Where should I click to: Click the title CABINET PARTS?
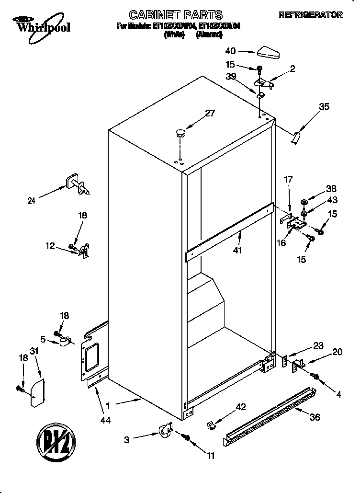tap(176, 15)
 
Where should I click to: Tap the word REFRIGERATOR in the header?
tap(311, 15)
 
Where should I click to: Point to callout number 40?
tap(230, 51)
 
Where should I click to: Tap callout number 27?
tap(210, 114)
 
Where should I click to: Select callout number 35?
tap(324, 107)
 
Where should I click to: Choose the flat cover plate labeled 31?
tap(37, 393)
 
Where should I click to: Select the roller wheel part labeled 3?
tap(165, 429)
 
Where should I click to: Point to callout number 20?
tap(337, 352)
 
